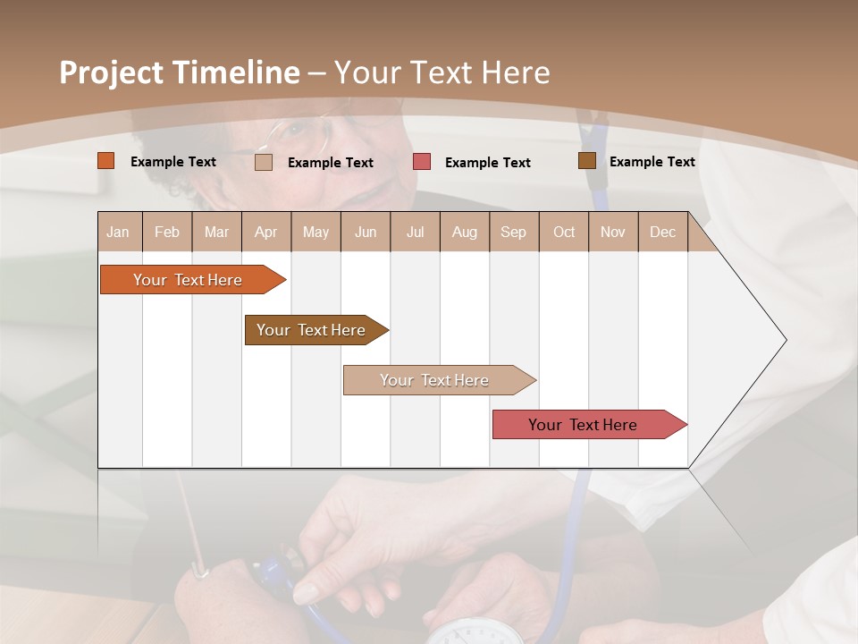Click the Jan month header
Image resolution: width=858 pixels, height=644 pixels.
tap(119, 232)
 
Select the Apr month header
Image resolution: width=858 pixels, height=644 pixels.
tap(266, 232)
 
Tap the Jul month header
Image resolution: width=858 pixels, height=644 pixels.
tap(415, 232)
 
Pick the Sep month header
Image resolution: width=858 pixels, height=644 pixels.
tap(513, 232)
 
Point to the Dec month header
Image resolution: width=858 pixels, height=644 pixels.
tap(662, 232)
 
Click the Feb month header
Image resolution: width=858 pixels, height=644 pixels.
tap(167, 232)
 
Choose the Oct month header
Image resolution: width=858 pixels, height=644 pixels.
tap(564, 232)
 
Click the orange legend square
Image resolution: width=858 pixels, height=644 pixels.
tap(105, 161)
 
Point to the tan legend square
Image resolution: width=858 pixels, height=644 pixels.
tap(263, 162)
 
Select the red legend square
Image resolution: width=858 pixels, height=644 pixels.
tap(421, 162)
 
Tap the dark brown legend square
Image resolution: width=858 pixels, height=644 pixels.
tap(586, 161)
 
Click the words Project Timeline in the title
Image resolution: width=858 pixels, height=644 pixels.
tap(179, 72)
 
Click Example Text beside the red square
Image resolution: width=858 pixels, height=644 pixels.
tap(487, 163)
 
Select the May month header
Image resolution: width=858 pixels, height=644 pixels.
tap(315, 232)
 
